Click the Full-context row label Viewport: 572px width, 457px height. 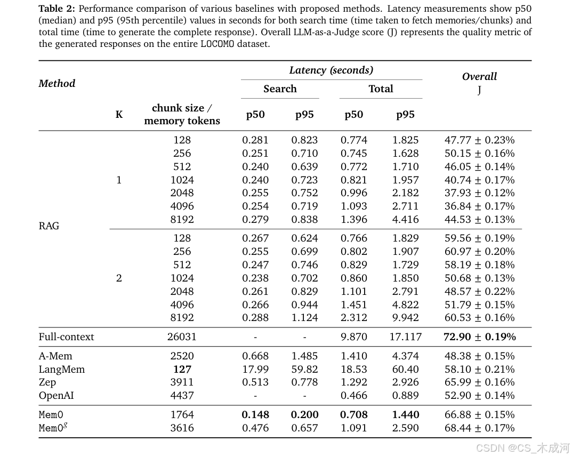tap(67, 336)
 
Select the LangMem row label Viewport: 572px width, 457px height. tap(62, 370)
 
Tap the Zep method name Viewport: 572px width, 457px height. tap(47, 382)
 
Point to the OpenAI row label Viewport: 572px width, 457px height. tap(56, 396)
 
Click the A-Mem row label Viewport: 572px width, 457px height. tap(55, 356)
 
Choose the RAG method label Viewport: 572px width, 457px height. tap(49, 226)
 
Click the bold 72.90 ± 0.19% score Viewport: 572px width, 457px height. tap(480, 336)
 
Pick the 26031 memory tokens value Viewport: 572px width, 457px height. tap(182, 336)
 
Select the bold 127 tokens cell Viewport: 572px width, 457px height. tap(182, 370)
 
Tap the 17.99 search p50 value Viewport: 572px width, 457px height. tap(255, 370)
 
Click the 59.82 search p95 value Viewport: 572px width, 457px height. tap(304, 370)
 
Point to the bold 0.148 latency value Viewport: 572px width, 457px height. tap(255, 415)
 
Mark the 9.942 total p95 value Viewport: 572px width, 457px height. tap(405, 318)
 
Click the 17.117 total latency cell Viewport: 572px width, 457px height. tap(405, 336)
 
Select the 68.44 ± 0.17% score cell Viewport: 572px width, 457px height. tap(480, 428)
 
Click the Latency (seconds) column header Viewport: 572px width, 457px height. tap(331, 70)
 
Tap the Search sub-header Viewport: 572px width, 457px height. tap(280, 89)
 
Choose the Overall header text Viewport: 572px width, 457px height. tap(479, 76)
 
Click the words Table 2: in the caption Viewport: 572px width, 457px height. tap(57, 9)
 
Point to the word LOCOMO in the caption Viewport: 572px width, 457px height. tap(217, 44)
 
